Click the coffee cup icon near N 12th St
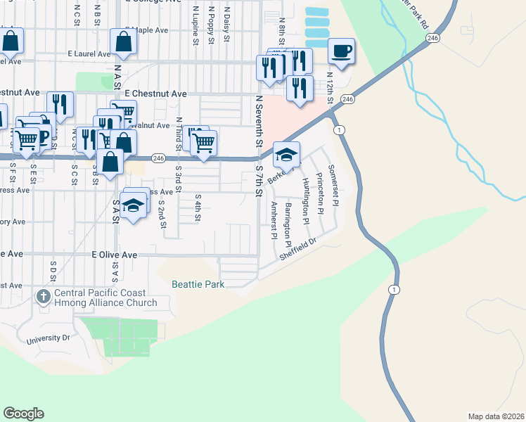coord(341,51)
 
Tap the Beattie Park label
coord(198,284)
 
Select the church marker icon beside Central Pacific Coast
coord(43,298)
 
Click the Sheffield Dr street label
coord(298,249)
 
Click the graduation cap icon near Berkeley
coord(286,154)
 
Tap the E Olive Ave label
coord(114,255)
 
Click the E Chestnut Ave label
coord(155,94)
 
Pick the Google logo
coord(23,414)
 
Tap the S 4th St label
coord(198,207)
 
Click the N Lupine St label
coord(195,26)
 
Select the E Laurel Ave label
coord(89,53)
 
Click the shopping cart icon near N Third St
coord(203,143)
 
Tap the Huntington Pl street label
coord(305,200)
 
